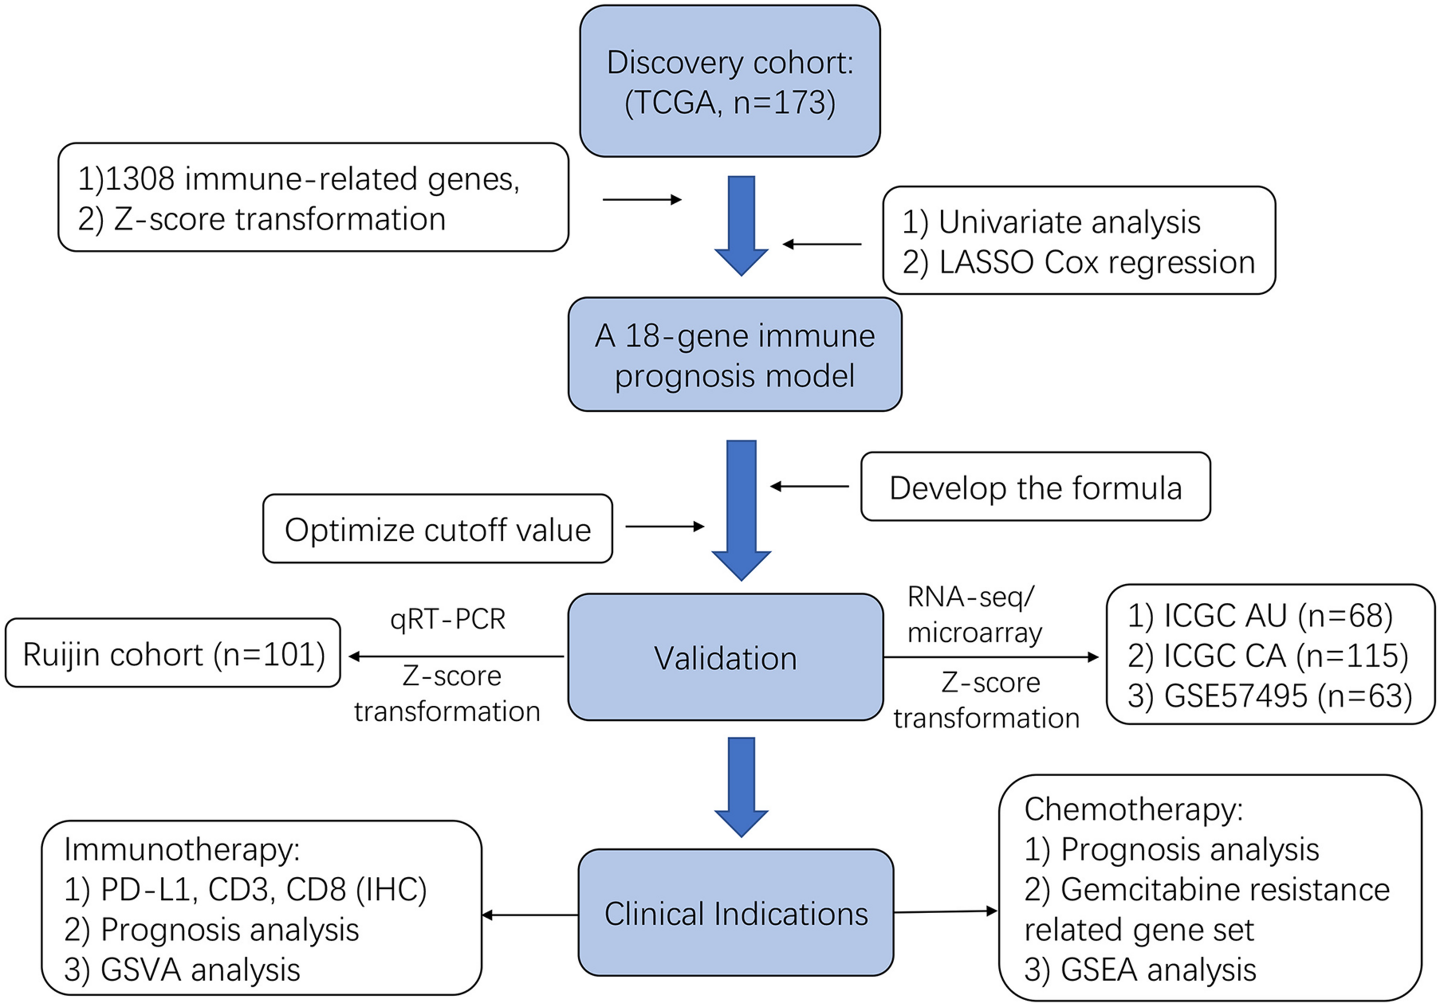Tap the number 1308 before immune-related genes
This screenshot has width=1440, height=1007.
click(139, 178)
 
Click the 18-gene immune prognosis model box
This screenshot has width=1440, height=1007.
click(734, 355)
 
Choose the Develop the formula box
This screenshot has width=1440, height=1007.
click(1035, 487)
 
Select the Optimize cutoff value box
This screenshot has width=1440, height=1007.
click(437, 529)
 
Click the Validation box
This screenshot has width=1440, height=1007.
click(725, 658)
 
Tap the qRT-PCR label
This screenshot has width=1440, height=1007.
click(447, 620)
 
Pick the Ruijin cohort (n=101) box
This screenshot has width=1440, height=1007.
click(173, 654)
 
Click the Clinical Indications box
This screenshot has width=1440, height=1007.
click(735, 914)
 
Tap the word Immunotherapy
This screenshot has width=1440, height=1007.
click(182, 850)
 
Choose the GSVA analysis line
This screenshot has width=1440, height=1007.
click(182, 970)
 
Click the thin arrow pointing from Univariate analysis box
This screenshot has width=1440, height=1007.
click(821, 244)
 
